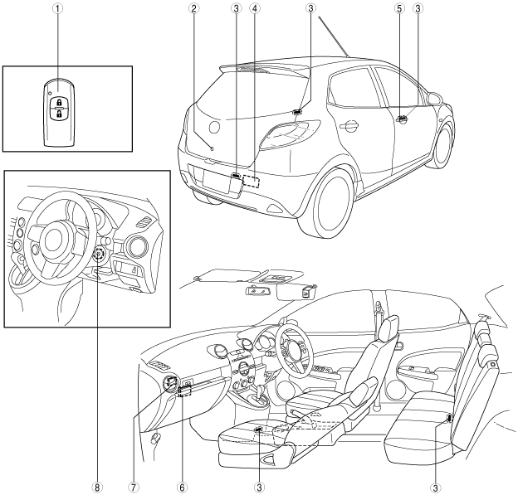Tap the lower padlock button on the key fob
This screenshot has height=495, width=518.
tap(59, 114)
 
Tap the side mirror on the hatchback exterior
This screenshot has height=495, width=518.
tap(432, 99)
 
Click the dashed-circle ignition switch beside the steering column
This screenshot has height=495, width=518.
tap(99, 255)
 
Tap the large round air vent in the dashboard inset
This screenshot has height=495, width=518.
tap(134, 246)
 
